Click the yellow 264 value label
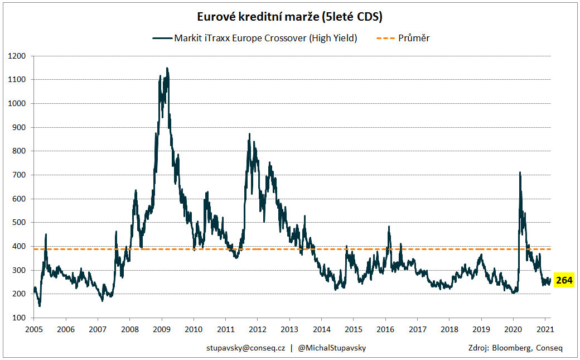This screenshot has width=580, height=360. (564, 280)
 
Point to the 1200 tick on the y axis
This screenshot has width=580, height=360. (17, 56)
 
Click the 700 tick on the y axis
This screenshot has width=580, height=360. (20, 175)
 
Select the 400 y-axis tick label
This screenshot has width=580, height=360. (20, 246)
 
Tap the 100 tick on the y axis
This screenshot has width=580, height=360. (20, 318)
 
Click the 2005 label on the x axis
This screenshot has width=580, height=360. (34, 329)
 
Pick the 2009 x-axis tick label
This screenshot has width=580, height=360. (162, 329)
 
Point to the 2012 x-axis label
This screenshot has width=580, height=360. (257, 329)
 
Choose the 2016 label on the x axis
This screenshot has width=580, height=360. (385, 329)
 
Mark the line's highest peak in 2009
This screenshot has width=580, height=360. (167, 68)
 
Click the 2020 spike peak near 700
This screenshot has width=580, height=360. (520, 172)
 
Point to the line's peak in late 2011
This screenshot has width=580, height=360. (249, 134)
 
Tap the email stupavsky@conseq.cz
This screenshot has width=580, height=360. (245, 348)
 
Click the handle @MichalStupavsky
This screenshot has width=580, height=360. (332, 348)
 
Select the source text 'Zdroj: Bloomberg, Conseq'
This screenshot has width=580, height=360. (516, 348)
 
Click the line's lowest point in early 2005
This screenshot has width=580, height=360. (39, 306)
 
